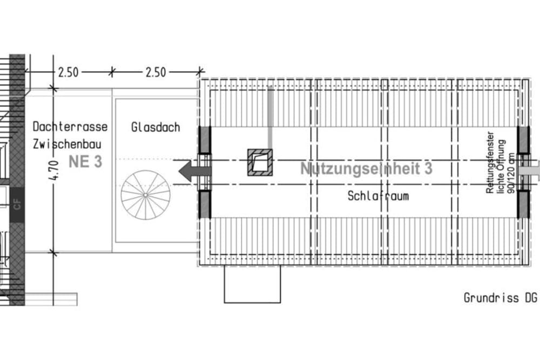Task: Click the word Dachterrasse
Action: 70,127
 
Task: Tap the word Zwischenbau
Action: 67,144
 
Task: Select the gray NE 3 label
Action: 85,162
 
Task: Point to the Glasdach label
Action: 156,127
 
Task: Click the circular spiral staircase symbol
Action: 145,195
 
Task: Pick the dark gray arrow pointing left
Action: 194,171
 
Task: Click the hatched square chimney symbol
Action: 260,162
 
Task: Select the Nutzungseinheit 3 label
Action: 366,168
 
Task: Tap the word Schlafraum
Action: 378,196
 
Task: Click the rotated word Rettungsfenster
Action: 490,162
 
